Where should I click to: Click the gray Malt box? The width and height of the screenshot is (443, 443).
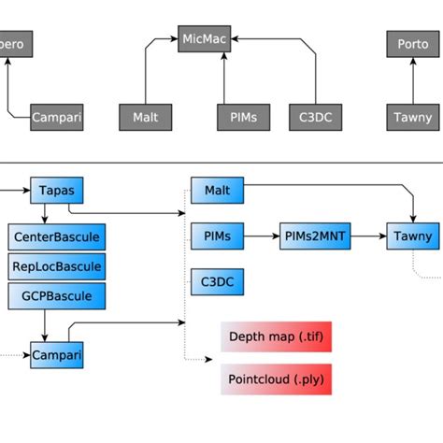pyautogui.click(x=145, y=118)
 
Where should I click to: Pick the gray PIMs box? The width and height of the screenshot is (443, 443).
pyautogui.click(x=243, y=118)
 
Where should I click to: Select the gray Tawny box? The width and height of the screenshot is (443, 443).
pyautogui.click(x=411, y=118)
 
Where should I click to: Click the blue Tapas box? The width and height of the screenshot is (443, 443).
pyautogui.click(x=57, y=191)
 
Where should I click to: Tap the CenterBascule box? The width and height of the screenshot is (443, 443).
pyautogui.click(x=56, y=236)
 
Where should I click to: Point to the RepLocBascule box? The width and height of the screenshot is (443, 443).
pyautogui.click(x=56, y=265)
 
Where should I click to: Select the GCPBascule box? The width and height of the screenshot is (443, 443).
pyautogui.click(x=56, y=295)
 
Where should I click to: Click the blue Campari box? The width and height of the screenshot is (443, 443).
pyautogui.click(x=57, y=355)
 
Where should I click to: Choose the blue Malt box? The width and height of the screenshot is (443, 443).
pyautogui.click(x=217, y=191)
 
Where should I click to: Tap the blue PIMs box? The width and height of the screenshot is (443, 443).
pyautogui.click(x=217, y=236)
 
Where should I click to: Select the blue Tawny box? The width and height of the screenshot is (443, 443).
pyautogui.click(x=411, y=236)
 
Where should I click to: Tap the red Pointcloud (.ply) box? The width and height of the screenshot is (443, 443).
pyautogui.click(x=276, y=380)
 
